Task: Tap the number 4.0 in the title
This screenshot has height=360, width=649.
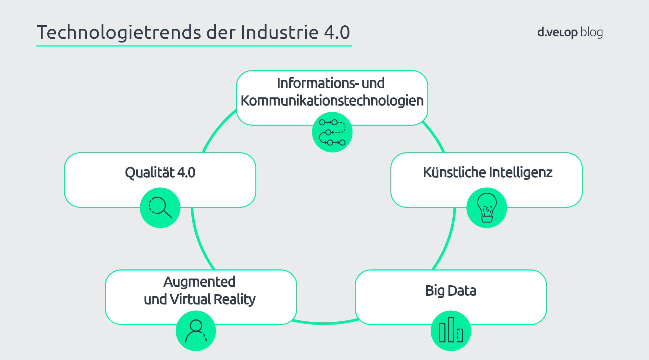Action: coord(337,32)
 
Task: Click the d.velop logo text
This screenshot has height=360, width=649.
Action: coord(557,32)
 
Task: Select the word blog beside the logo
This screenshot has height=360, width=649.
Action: coord(592,32)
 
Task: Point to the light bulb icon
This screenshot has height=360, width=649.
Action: coord(487,208)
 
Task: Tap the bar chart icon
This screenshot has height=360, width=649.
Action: coord(451,330)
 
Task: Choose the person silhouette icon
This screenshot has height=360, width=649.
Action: coord(196,331)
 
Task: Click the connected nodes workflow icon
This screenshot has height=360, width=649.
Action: coord(332,132)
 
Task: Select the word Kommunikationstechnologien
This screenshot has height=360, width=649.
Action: coord(332,101)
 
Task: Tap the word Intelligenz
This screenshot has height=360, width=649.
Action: coord(520,173)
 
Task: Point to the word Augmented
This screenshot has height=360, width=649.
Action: coord(199,282)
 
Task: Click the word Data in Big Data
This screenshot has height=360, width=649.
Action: coord(462,291)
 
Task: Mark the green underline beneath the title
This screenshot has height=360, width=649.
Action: coord(194,46)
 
